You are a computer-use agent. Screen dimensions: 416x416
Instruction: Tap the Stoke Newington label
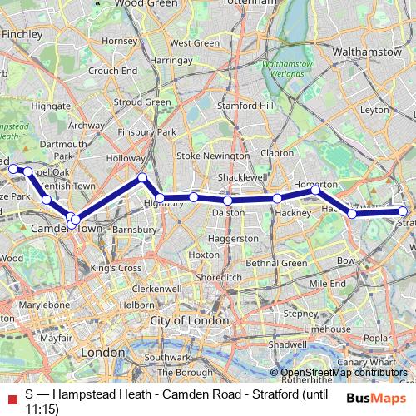coord(212,156)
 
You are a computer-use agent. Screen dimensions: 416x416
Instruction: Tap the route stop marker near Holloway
coord(142,177)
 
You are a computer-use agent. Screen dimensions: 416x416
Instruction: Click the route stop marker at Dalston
coord(227,201)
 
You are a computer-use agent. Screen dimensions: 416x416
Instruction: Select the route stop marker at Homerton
coord(316,191)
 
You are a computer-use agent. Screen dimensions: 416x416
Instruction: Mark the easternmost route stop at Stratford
coord(404,211)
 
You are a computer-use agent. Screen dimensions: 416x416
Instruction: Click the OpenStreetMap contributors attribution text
coord(344,373)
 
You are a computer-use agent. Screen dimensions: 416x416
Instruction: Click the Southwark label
coord(167,358)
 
